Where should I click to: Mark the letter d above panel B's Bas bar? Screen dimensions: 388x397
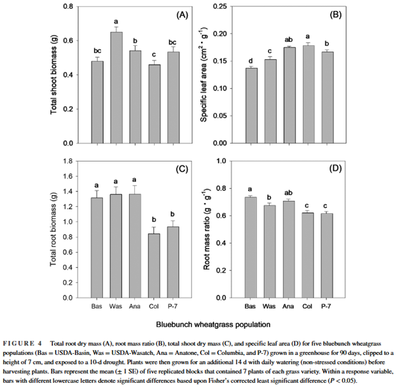pyautogui.click(x=253, y=61)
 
